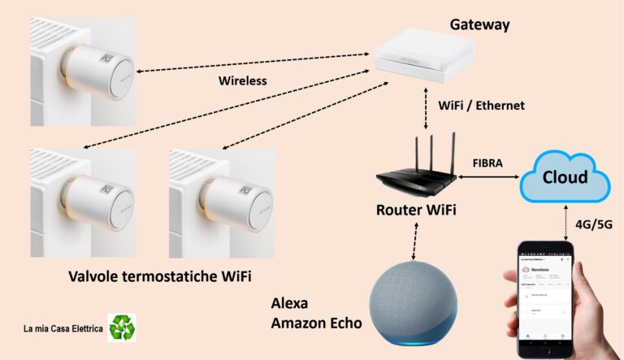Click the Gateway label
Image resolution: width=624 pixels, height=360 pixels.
(479, 24)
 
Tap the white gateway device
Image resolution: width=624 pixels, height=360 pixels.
(422, 59)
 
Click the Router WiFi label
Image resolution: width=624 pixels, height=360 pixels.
(416, 210)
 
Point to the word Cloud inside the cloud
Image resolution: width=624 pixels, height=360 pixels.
(565, 178)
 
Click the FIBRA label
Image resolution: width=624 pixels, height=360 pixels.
(487, 163)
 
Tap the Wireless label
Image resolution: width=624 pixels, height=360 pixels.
(243, 81)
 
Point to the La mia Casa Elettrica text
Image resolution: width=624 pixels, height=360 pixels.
(62, 329)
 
